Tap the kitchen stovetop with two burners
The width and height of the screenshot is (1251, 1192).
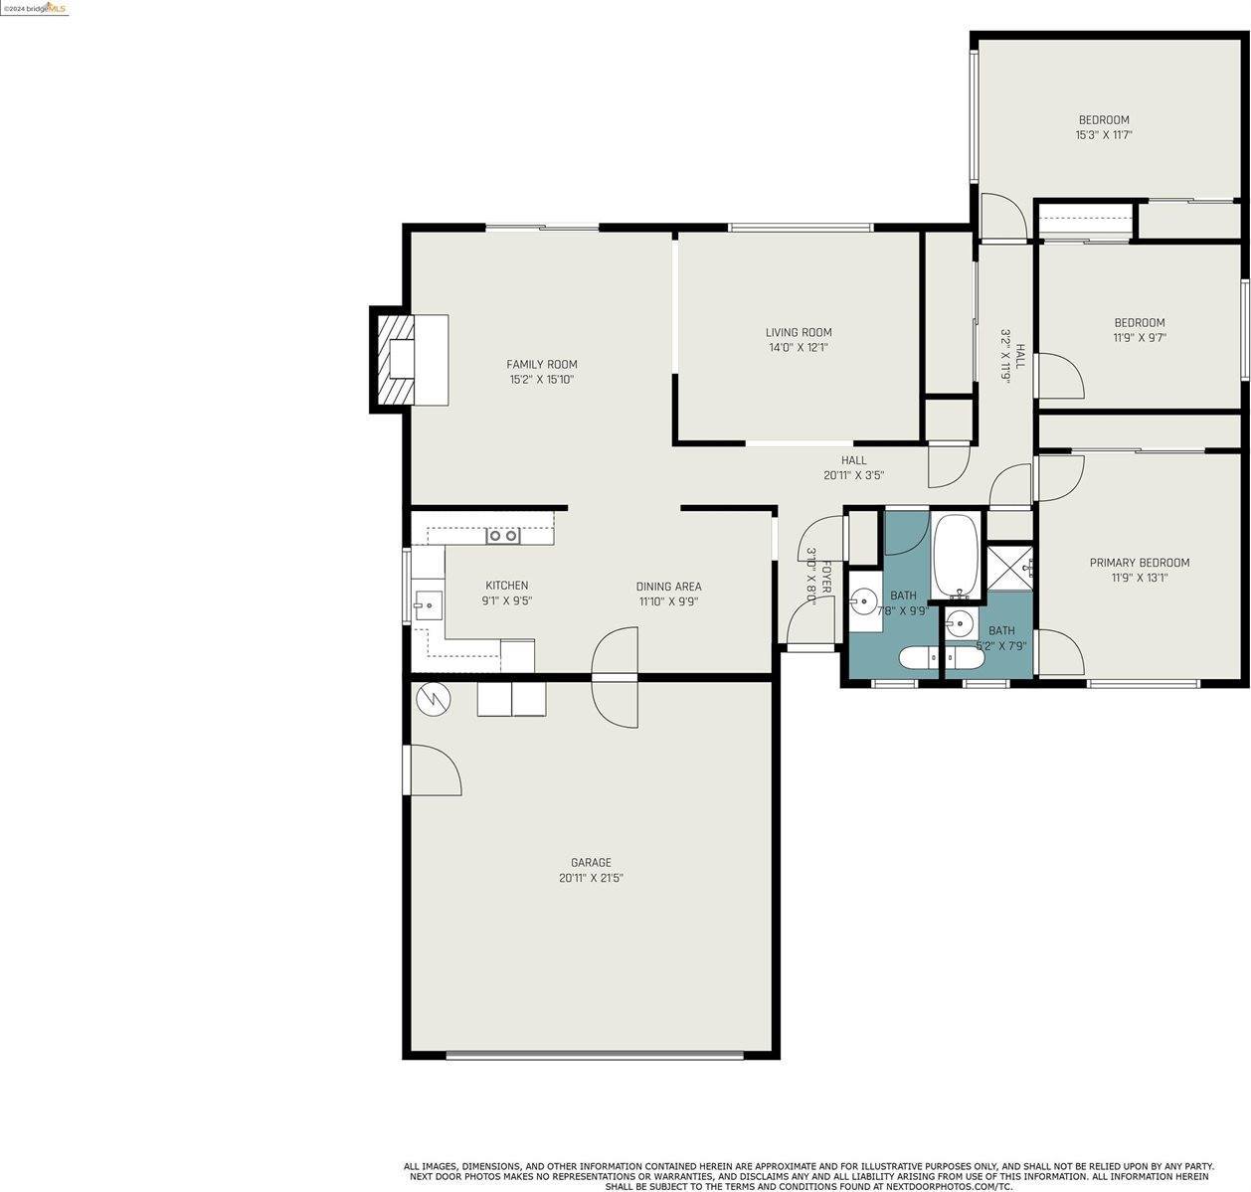coord(502,536)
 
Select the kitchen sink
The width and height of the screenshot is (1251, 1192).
coord(429,603)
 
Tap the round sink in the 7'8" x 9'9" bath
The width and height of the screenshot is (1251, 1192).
coord(862,600)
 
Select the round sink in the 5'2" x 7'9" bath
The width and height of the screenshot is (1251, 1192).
coord(960,625)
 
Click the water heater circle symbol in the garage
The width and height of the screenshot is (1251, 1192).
coord(433,699)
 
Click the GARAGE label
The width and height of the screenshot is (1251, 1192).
coord(591,863)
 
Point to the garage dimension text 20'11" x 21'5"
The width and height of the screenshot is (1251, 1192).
coord(591,878)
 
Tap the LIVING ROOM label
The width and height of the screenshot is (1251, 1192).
coord(798,332)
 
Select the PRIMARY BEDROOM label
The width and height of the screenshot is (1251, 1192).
coord(1139,563)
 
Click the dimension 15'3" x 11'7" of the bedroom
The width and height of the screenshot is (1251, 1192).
coord(1104,135)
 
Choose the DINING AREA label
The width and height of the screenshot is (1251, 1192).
coord(668,587)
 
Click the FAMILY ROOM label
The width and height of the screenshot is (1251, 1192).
coord(541,364)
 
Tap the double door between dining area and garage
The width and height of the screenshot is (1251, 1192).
coord(615,678)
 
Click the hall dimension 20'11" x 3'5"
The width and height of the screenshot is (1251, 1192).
coord(853,476)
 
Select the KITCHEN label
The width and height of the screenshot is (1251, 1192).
coord(506,586)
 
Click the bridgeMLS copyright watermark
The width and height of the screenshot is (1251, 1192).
coord(35,8)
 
